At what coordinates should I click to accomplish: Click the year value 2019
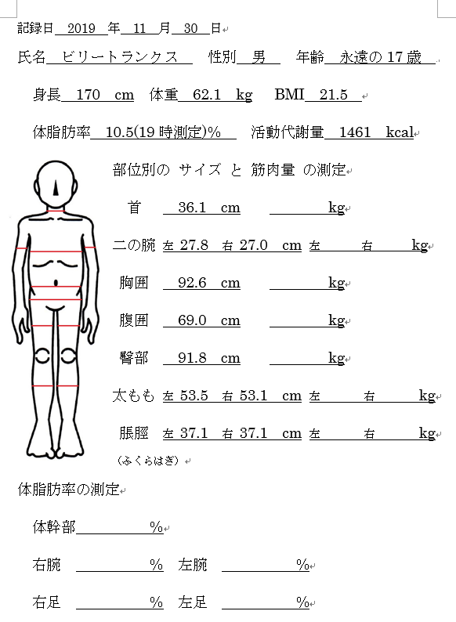81,28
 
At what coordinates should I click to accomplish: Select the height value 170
88,95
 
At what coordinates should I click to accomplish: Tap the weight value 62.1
207,95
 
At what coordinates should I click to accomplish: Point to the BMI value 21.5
333,95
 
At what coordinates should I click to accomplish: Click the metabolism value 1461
355,132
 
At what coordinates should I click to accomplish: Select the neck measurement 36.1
192,208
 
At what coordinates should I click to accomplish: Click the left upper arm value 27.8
194,245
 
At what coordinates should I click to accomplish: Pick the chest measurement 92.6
192,283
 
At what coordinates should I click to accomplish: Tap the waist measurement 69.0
192,320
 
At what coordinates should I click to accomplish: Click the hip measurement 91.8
192,358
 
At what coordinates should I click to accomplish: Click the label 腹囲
134,320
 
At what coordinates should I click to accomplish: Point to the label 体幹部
54,526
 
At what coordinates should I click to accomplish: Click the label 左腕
193,565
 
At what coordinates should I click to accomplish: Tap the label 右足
46,602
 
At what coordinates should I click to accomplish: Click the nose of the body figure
56,188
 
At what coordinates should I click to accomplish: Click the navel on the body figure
56,283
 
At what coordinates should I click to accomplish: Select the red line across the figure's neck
56,211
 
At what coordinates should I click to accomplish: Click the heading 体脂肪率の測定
69,490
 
